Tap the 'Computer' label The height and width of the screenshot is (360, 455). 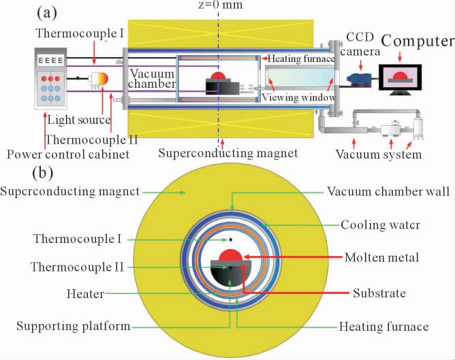click(x=417, y=42)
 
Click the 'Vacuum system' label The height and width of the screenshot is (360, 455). click(x=379, y=154)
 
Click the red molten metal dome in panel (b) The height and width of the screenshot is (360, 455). click(x=229, y=255)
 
